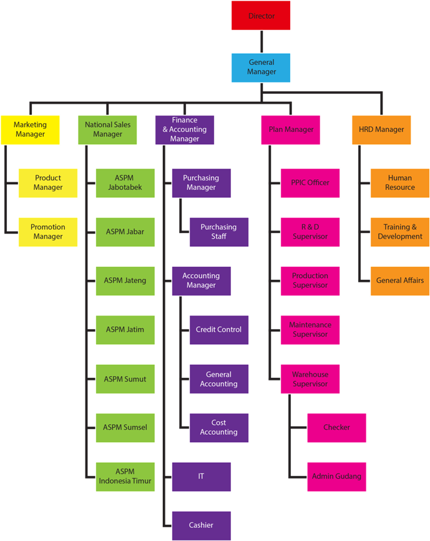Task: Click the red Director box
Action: pos(261,16)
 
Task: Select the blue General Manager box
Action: pos(261,67)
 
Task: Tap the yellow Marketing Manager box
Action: pos(30,130)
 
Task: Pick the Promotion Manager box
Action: pos(48,232)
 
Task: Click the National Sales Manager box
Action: pos(107,130)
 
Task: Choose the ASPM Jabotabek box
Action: pos(125,182)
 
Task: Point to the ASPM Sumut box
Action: pos(125,379)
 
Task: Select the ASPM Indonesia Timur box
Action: pos(125,477)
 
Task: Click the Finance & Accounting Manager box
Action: pos(185,130)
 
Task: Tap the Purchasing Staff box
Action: pos(218,232)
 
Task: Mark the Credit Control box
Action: pos(218,329)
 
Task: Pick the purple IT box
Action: pos(201,477)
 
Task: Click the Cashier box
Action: pos(201,525)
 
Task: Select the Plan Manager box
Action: pos(291,130)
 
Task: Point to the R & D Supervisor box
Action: pos(310,232)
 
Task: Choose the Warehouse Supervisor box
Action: pos(310,379)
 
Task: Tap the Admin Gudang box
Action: pos(336,477)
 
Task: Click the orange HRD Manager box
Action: pos(381,130)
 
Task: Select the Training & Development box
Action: pos(399,232)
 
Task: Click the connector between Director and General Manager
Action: pos(261,41)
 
